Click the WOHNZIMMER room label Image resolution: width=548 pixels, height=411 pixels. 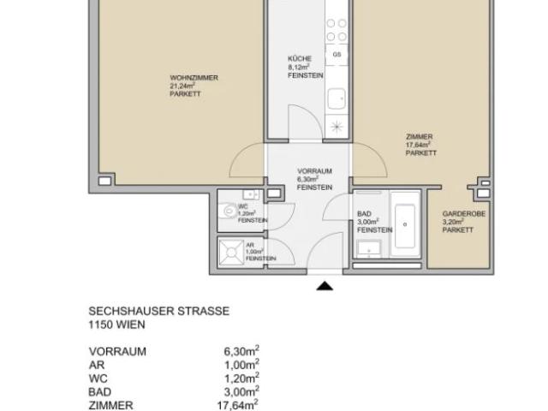[x=194, y=78]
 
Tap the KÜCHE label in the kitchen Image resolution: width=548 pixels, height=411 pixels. [x=299, y=59]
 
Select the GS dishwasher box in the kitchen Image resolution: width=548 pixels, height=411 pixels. [x=337, y=54]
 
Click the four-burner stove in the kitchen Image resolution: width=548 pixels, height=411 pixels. [x=337, y=31]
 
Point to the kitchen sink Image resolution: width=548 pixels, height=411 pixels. [x=337, y=97]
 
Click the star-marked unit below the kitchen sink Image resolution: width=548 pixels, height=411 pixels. [x=337, y=126]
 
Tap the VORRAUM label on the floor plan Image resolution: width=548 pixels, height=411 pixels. [x=314, y=171]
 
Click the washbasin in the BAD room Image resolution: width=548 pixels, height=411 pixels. [x=370, y=249]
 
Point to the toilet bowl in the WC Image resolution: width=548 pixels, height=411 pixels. [x=229, y=211]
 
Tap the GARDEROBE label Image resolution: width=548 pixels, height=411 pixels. [x=463, y=214]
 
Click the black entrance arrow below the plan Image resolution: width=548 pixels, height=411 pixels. [x=325, y=285]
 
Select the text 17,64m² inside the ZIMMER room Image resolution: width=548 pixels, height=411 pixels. [x=418, y=146]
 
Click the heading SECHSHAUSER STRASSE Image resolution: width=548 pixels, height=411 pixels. [x=158, y=312]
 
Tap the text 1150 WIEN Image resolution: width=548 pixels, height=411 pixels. [x=116, y=325]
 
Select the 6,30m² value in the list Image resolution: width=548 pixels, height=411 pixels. [x=241, y=351]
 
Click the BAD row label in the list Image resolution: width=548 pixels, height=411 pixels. [x=99, y=392]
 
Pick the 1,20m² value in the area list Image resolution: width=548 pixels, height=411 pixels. [x=241, y=378]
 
